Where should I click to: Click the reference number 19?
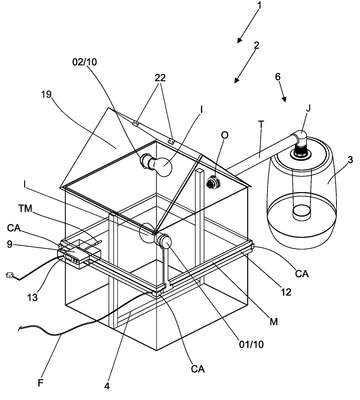[x=46, y=95]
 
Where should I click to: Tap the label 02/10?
[x=84, y=62]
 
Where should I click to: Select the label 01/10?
[x=251, y=344]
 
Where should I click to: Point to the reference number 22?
[x=160, y=78]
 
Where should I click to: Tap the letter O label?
[x=225, y=135]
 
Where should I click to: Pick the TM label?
[x=25, y=209]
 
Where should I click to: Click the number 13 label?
[x=32, y=297]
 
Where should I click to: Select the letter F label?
[x=41, y=383]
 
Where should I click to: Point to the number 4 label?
[x=107, y=386]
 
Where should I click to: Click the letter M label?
[x=273, y=322]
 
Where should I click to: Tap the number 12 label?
[x=286, y=292]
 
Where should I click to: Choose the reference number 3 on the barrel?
[x=350, y=160]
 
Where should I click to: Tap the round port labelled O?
[x=212, y=183]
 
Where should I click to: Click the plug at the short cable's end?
[x=10, y=275]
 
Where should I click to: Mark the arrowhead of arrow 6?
[x=284, y=99]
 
